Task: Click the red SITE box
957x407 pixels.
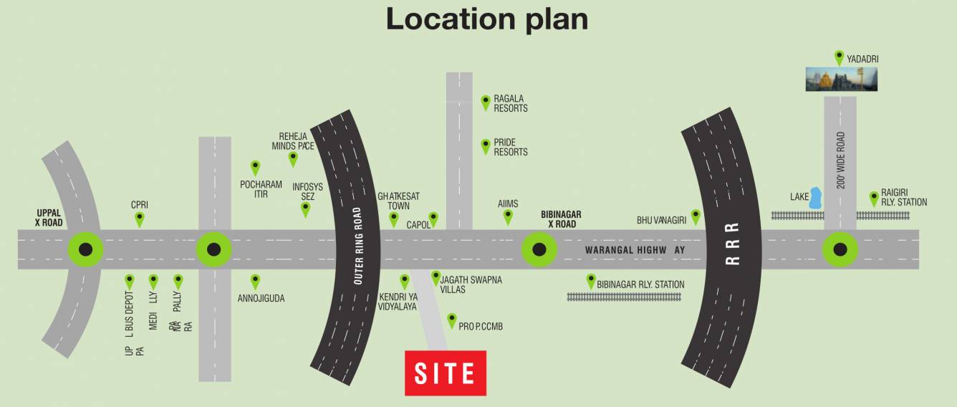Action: click(446, 373)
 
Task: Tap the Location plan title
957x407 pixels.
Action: click(487, 19)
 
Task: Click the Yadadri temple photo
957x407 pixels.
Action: click(841, 79)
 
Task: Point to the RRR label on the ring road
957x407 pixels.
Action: click(731, 244)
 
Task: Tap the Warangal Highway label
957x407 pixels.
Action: click(635, 250)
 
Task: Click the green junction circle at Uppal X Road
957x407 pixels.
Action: click(85, 249)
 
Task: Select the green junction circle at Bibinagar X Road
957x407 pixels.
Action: click(539, 249)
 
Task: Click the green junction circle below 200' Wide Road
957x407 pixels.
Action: click(840, 249)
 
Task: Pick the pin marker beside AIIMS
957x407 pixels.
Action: click(508, 216)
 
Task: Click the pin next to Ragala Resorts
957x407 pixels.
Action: click(486, 102)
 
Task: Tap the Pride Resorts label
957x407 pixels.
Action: click(511, 148)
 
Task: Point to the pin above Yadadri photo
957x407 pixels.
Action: click(839, 57)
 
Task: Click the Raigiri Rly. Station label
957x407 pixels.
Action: click(904, 198)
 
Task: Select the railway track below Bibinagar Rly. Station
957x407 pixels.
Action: click(625, 297)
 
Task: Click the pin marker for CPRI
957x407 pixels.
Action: click(140, 219)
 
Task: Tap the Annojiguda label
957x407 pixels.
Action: click(261, 298)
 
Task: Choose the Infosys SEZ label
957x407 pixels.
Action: click(308, 191)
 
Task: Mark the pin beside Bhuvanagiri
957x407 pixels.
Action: click(695, 216)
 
